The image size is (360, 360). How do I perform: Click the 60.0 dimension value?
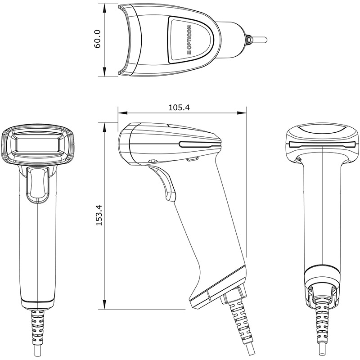click(x=97, y=39)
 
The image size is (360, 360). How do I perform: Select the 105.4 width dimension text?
click(x=179, y=108)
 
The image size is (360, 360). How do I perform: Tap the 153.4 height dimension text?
click(x=99, y=215)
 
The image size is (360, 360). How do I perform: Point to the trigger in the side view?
click(x=163, y=183)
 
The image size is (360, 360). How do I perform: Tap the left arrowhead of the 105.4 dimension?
click(x=122, y=113)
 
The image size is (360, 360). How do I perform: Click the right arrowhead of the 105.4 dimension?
click(x=242, y=113)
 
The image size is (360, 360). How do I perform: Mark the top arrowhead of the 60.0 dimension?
click(x=104, y=8)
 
